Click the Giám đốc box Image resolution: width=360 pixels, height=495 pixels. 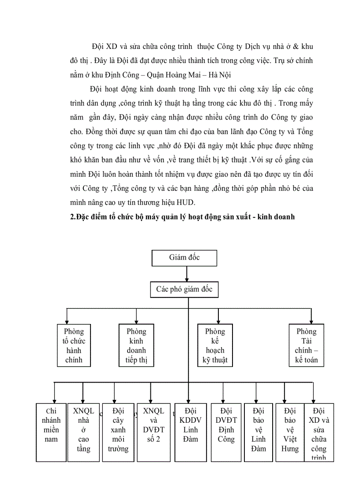pyautogui.click(x=184, y=258)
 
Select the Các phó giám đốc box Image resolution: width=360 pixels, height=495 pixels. pyautogui.click(x=184, y=290)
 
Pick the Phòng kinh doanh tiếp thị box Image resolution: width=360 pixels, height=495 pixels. pyautogui.click(x=136, y=346)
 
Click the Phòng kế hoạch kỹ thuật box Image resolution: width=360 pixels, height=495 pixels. pyautogui.click(x=215, y=346)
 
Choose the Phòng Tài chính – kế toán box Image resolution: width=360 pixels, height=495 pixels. pyautogui.click(x=307, y=346)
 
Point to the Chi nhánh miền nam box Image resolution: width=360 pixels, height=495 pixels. pyautogui.click(x=51, y=432)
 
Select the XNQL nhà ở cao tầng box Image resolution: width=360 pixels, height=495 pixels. pyautogui.click(x=83, y=432)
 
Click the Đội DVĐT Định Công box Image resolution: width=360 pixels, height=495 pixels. pyautogui.click(x=226, y=432)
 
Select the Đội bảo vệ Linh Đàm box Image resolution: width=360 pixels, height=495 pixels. pyautogui.click(x=259, y=432)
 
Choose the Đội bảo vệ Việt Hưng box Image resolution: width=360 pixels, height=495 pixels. pyautogui.click(x=290, y=432)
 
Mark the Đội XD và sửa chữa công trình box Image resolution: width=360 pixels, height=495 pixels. pyautogui.click(x=319, y=432)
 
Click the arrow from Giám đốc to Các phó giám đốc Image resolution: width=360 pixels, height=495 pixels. pyautogui.click(x=187, y=274)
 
